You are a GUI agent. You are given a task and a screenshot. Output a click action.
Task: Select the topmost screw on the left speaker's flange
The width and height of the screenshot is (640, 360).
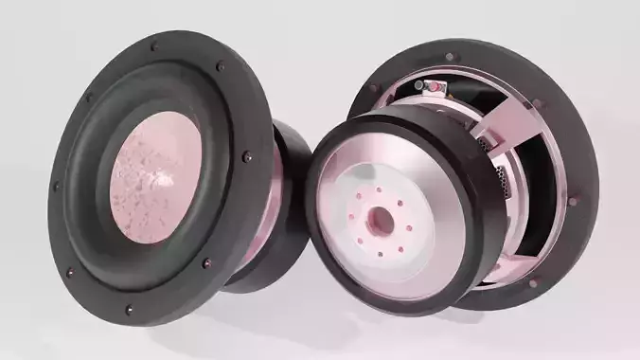point(153,44)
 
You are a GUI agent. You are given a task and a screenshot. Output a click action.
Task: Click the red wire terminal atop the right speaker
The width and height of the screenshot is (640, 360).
point(436,87)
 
